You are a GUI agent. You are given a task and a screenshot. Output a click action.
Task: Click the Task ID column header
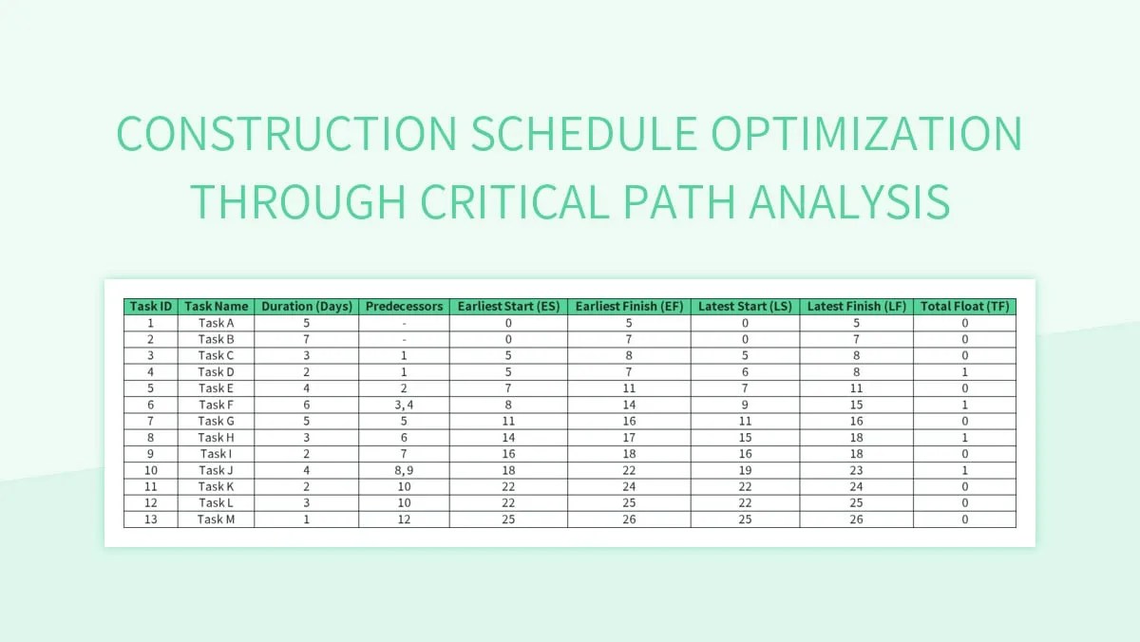[x=151, y=306]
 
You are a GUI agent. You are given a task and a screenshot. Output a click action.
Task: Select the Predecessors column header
[x=404, y=306]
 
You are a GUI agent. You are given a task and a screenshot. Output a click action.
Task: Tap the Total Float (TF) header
[x=964, y=306]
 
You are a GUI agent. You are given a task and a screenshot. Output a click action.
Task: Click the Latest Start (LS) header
[x=745, y=306]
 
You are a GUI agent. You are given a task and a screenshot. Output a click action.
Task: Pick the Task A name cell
[x=217, y=323]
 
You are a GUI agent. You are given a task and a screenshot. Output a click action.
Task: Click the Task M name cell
[x=217, y=519]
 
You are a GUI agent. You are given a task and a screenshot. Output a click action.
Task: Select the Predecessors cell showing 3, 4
[x=404, y=405]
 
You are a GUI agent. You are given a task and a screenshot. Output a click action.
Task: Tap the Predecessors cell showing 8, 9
[x=404, y=470]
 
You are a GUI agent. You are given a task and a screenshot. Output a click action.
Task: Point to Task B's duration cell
[x=307, y=339]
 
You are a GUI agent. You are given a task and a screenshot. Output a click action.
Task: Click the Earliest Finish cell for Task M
[x=629, y=519]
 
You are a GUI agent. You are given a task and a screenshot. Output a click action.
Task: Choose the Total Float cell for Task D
[x=964, y=372]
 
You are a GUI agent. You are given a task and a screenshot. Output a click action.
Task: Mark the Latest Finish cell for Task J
[x=856, y=470]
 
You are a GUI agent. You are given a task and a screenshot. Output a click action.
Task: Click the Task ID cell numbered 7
[x=151, y=421]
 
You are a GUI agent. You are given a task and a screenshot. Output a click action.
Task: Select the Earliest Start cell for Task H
[x=509, y=438]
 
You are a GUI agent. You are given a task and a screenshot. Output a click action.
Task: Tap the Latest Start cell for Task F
[x=745, y=405]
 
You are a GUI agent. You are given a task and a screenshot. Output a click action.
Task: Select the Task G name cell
[x=217, y=421]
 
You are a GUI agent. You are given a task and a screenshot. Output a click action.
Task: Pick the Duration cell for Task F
[x=307, y=405]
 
